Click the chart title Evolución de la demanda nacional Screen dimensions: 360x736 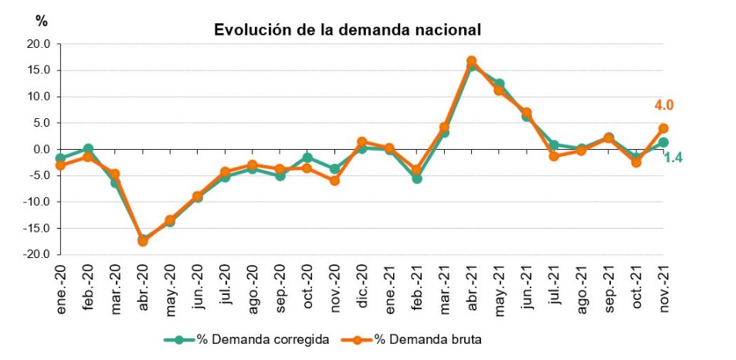coord(348,30)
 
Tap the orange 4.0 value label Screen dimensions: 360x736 coord(664,106)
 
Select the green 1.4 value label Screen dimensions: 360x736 coord(674,158)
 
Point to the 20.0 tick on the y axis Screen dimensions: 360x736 coord(37,45)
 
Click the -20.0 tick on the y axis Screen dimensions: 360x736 coord(36,254)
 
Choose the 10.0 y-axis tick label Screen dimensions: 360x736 coord(37,97)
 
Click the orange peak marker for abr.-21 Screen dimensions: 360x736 coord(471,61)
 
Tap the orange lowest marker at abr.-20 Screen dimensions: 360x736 coord(143,241)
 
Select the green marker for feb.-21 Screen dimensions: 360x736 coord(417,178)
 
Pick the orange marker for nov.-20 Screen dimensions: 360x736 coord(334,181)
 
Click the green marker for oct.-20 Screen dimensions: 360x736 coord(307,158)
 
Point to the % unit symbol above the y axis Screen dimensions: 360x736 coord(42,21)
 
